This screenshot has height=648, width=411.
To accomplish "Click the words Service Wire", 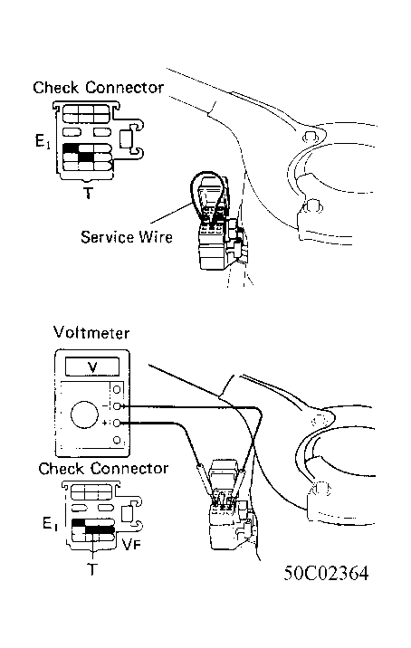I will click(x=126, y=237).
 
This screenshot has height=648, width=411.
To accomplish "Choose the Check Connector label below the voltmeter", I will click(x=102, y=469).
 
